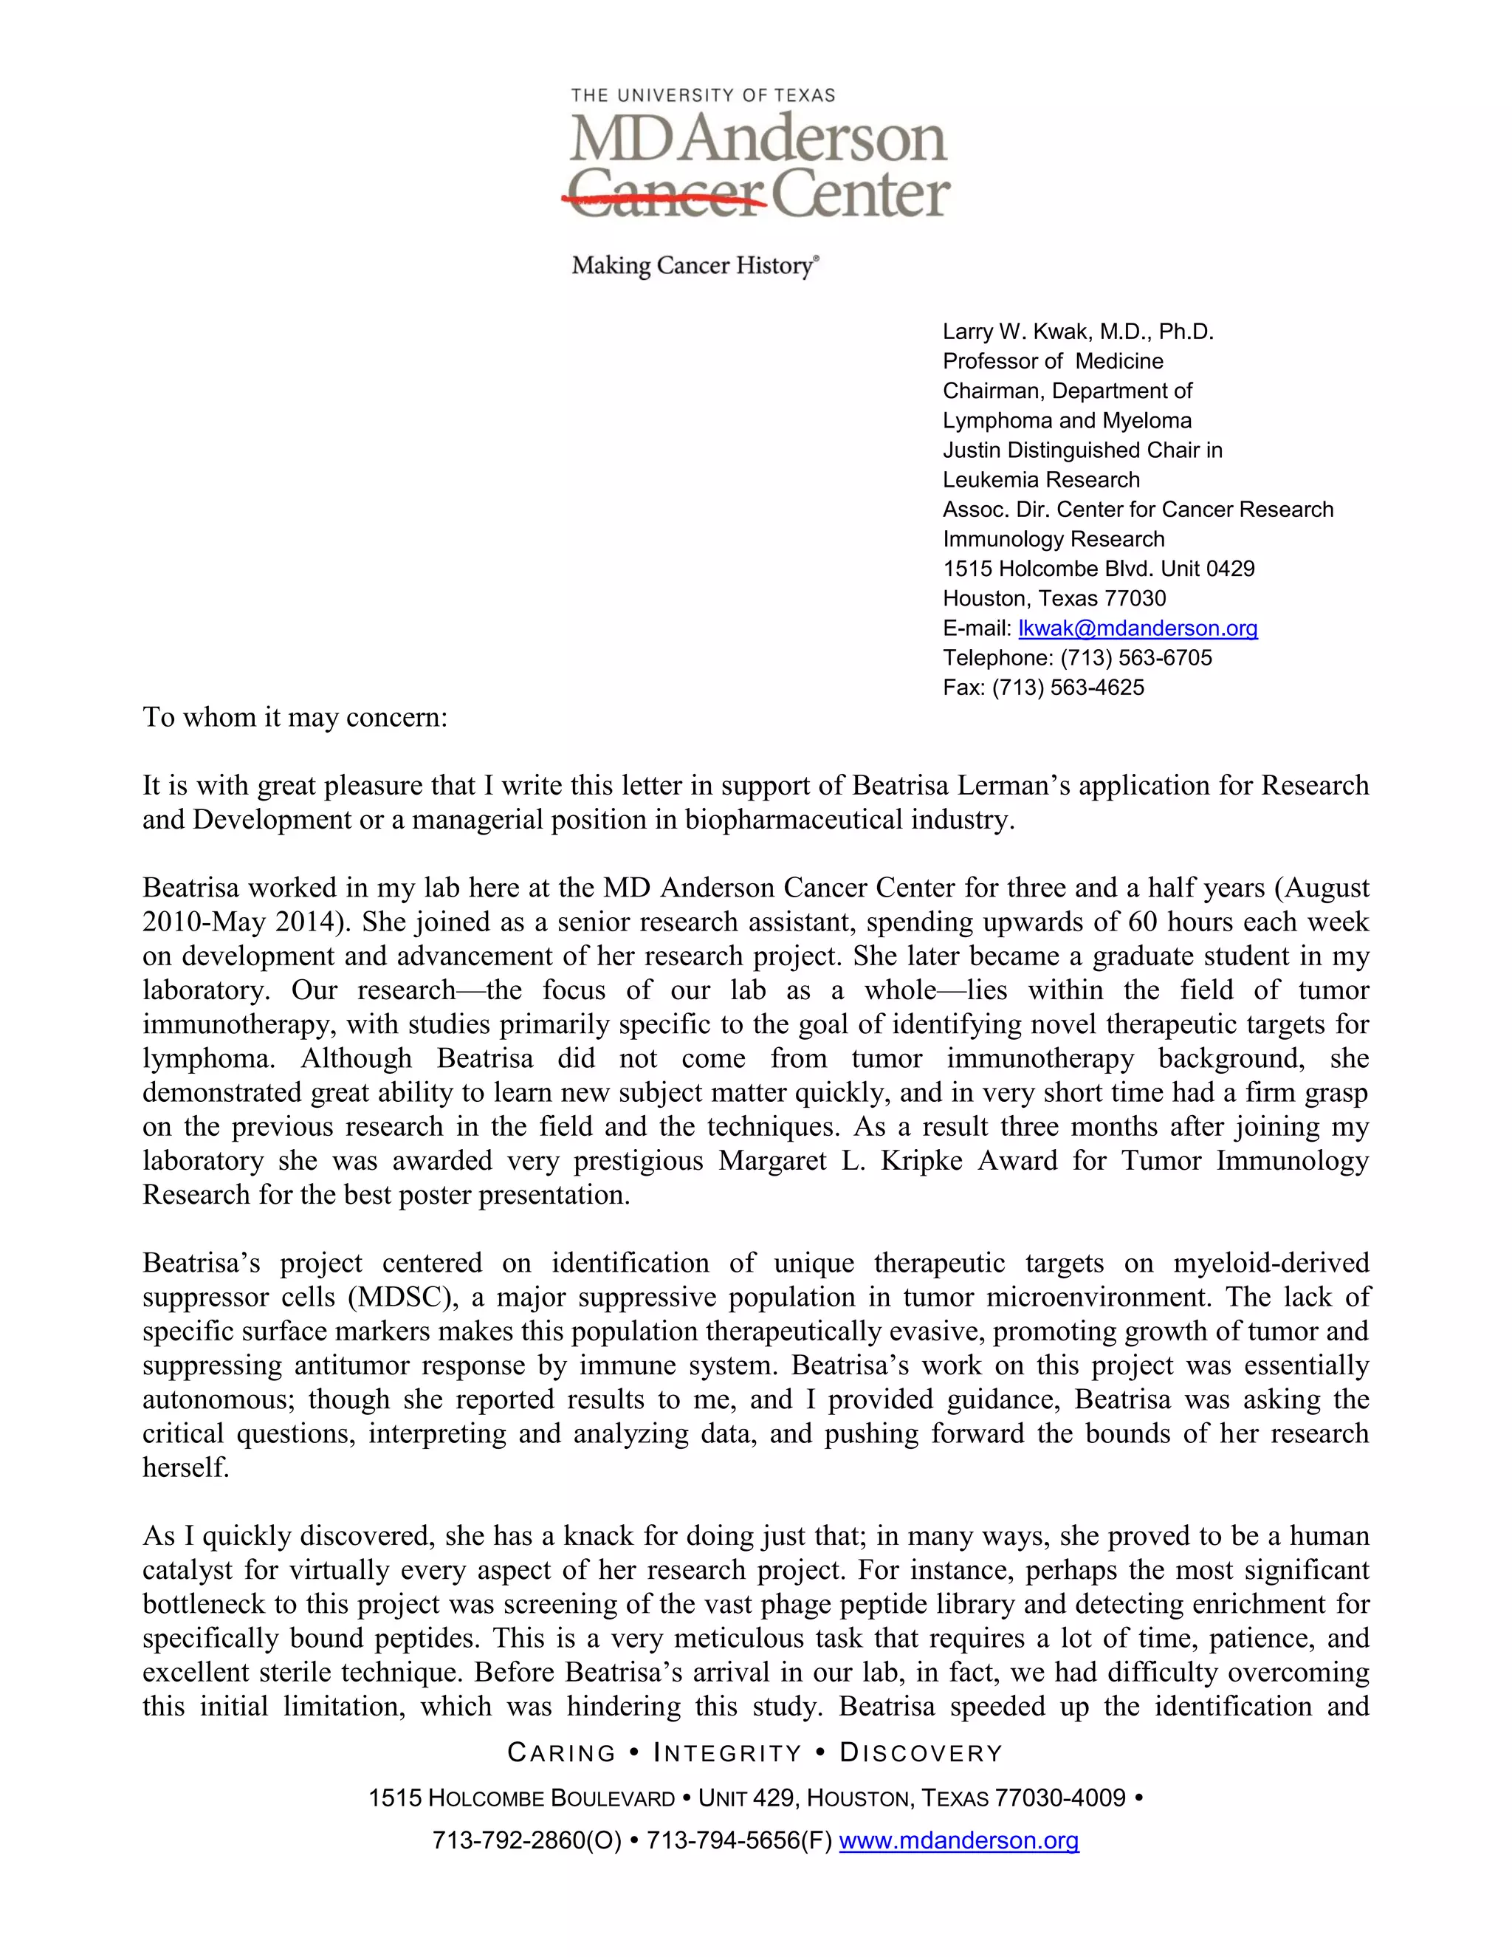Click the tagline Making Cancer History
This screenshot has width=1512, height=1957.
(x=694, y=265)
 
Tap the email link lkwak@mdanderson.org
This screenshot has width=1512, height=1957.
(x=1138, y=628)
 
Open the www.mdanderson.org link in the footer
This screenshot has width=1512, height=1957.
(x=958, y=1840)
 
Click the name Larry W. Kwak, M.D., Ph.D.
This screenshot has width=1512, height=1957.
(x=1078, y=332)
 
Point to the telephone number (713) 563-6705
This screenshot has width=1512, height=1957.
(x=1135, y=658)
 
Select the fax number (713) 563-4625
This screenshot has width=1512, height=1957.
(x=1068, y=688)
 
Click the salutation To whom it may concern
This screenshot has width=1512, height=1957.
(x=295, y=718)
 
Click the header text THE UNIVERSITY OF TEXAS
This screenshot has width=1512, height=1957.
(x=703, y=95)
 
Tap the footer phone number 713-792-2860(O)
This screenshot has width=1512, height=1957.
(x=526, y=1840)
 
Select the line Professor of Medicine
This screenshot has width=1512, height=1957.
(x=1053, y=361)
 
